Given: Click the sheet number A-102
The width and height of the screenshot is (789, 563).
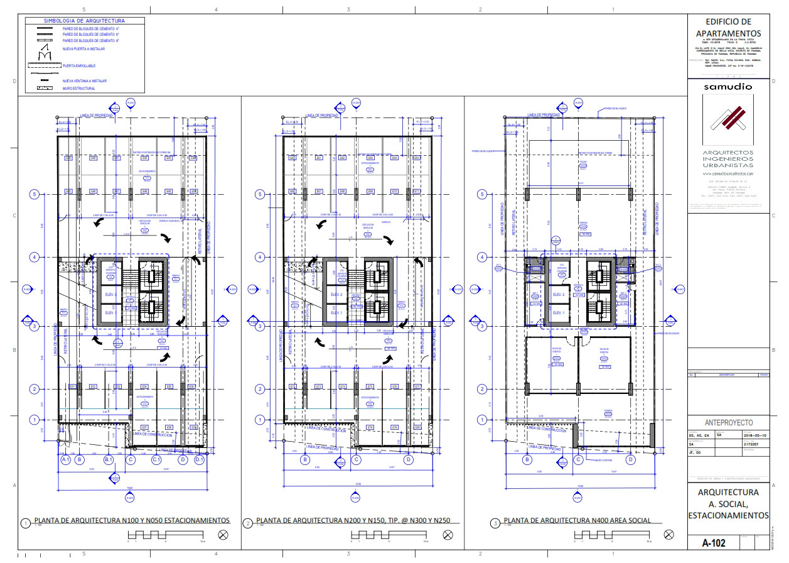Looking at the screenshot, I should [x=714, y=543].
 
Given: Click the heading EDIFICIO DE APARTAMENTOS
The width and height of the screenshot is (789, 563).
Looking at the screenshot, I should [x=728, y=27].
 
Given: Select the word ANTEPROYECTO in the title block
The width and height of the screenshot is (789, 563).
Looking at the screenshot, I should [x=728, y=423].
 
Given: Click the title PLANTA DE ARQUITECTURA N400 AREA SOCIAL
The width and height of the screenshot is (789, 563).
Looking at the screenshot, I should [x=577, y=520].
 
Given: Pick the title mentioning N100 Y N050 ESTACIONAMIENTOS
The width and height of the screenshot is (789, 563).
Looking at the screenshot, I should [x=132, y=520].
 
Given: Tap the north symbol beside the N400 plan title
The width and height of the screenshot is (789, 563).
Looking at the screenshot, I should [x=668, y=535].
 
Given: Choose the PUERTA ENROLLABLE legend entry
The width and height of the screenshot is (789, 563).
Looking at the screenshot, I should [x=79, y=65].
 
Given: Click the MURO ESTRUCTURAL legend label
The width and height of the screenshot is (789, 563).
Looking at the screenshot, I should [x=79, y=89].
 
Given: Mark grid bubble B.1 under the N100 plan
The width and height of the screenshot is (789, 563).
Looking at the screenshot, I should [x=109, y=460].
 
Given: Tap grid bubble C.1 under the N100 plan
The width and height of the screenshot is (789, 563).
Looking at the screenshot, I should [x=157, y=460].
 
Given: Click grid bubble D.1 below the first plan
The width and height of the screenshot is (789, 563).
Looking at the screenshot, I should [x=200, y=460].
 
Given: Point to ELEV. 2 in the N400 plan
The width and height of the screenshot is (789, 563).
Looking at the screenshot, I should [x=559, y=295].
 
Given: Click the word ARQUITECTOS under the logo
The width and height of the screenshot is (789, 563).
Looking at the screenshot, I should [x=728, y=153].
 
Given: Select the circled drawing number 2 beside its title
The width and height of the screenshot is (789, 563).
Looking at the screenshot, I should [x=247, y=523].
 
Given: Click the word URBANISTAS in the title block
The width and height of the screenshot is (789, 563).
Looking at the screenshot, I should [x=728, y=165].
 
